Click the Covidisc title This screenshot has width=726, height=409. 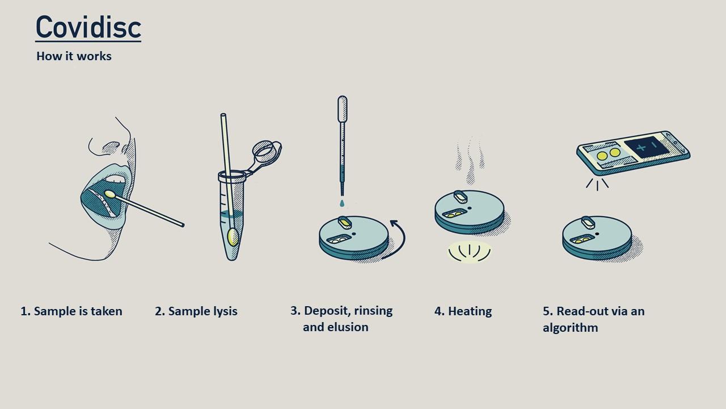point(88,27)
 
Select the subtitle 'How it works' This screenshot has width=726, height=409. point(74,56)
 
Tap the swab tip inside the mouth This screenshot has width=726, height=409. point(109,194)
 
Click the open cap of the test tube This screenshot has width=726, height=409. point(267,152)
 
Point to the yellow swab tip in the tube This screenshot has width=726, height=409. point(233,237)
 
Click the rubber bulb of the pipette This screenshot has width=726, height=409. point(342,108)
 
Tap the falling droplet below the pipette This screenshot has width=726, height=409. point(342,203)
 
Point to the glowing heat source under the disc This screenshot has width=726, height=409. point(470,252)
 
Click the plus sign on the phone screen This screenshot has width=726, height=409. point(641,148)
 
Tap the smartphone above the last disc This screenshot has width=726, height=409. point(634,152)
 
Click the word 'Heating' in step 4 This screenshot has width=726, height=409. point(470,311)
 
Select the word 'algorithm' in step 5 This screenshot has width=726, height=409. point(571,328)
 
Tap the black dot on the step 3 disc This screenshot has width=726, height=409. point(354,233)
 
